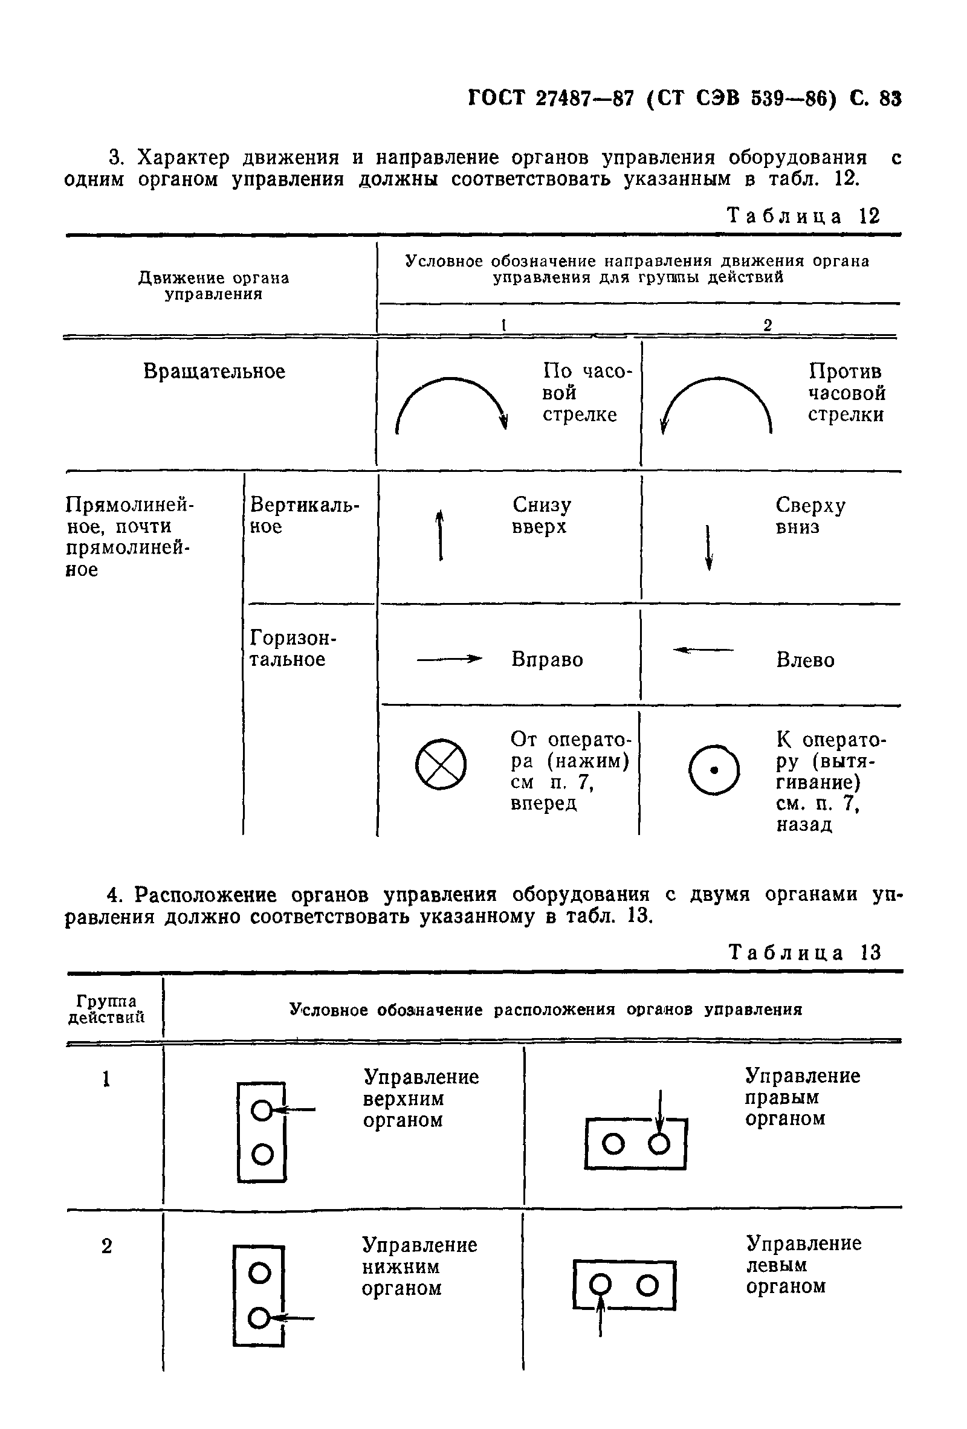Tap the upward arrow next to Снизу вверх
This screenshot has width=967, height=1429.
coord(440,534)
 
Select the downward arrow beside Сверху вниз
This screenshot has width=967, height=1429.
coord(709,547)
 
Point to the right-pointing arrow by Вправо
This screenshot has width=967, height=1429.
coord(448,659)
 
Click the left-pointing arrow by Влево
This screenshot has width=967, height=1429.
coord(703,650)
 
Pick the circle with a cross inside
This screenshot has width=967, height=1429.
coord(441,763)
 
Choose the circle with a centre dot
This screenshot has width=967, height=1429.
coord(714,769)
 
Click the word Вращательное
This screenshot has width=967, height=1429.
coord(214,372)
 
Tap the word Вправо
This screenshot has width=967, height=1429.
coord(547,660)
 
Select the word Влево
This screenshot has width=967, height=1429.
coord(804,660)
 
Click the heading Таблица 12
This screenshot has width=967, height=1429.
coord(803,216)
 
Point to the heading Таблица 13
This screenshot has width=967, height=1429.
coord(804,952)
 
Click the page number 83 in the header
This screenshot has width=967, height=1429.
coord(890,98)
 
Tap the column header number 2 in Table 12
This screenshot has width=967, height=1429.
coord(767,325)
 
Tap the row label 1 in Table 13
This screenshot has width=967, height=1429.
coord(106,1079)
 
